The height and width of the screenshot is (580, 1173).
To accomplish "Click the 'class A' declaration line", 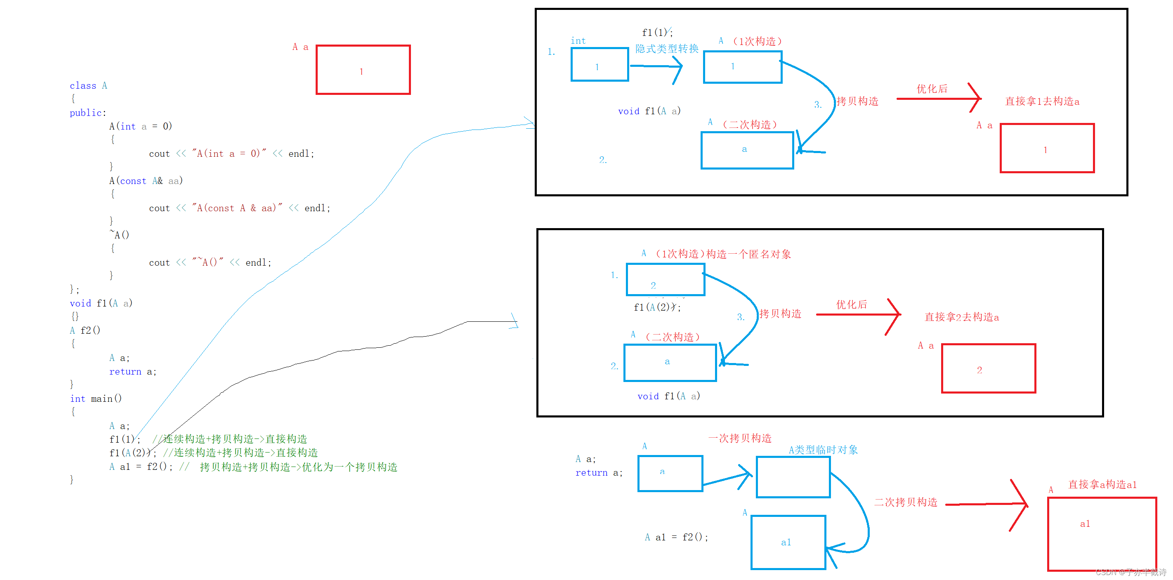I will point(88,85).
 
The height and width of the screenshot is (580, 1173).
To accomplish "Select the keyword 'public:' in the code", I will point(87,113).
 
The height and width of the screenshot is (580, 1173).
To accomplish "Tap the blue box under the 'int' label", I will point(600,65).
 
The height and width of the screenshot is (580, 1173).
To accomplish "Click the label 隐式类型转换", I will point(667,49).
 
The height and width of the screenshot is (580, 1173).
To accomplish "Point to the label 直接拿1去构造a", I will point(1042,101).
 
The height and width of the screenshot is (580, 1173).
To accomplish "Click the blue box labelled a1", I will point(788,542).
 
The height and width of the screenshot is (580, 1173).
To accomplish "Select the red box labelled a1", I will point(1102,533).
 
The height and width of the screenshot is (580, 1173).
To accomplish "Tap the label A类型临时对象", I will point(823,450).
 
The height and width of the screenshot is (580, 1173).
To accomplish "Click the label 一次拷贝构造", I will point(740,438).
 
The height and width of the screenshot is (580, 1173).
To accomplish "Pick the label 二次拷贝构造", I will point(906,502).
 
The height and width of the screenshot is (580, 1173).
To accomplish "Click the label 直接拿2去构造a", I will point(961,317).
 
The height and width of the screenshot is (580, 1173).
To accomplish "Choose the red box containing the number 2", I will point(988,368).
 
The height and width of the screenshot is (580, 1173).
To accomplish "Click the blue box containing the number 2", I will point(665,280).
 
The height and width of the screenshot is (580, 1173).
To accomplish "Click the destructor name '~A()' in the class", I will point(119,235).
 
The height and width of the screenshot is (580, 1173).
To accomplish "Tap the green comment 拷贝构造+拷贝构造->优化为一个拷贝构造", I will point(298,467).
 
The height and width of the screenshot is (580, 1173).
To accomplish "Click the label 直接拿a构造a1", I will point(1102,484).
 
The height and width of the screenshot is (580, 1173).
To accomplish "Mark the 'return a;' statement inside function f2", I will point(132,372).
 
